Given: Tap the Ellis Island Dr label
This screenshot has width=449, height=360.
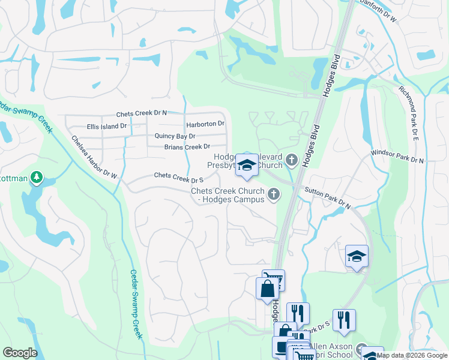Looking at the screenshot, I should pyautogui.click(x=107, y=126).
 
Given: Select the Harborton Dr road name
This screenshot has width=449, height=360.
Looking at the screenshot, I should pyautogui.click(x=205, y=124).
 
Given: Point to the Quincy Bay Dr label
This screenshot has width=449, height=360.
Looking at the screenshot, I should pyautogui.click(x=175, y=136).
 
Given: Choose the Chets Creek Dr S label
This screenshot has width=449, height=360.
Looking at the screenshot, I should pyautogui.click(x=179, y=177).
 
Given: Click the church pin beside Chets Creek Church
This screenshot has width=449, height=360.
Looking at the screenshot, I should pyautogui.click(x=274, y=193).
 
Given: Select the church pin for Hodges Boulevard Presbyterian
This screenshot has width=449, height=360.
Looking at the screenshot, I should pyautogui.click(x=292, y=160).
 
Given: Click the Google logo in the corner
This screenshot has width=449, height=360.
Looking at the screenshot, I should pyautogui.click(x=20, y=353).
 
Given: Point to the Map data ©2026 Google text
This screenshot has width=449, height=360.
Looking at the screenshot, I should pyautogui.click(x=412, y=356).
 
